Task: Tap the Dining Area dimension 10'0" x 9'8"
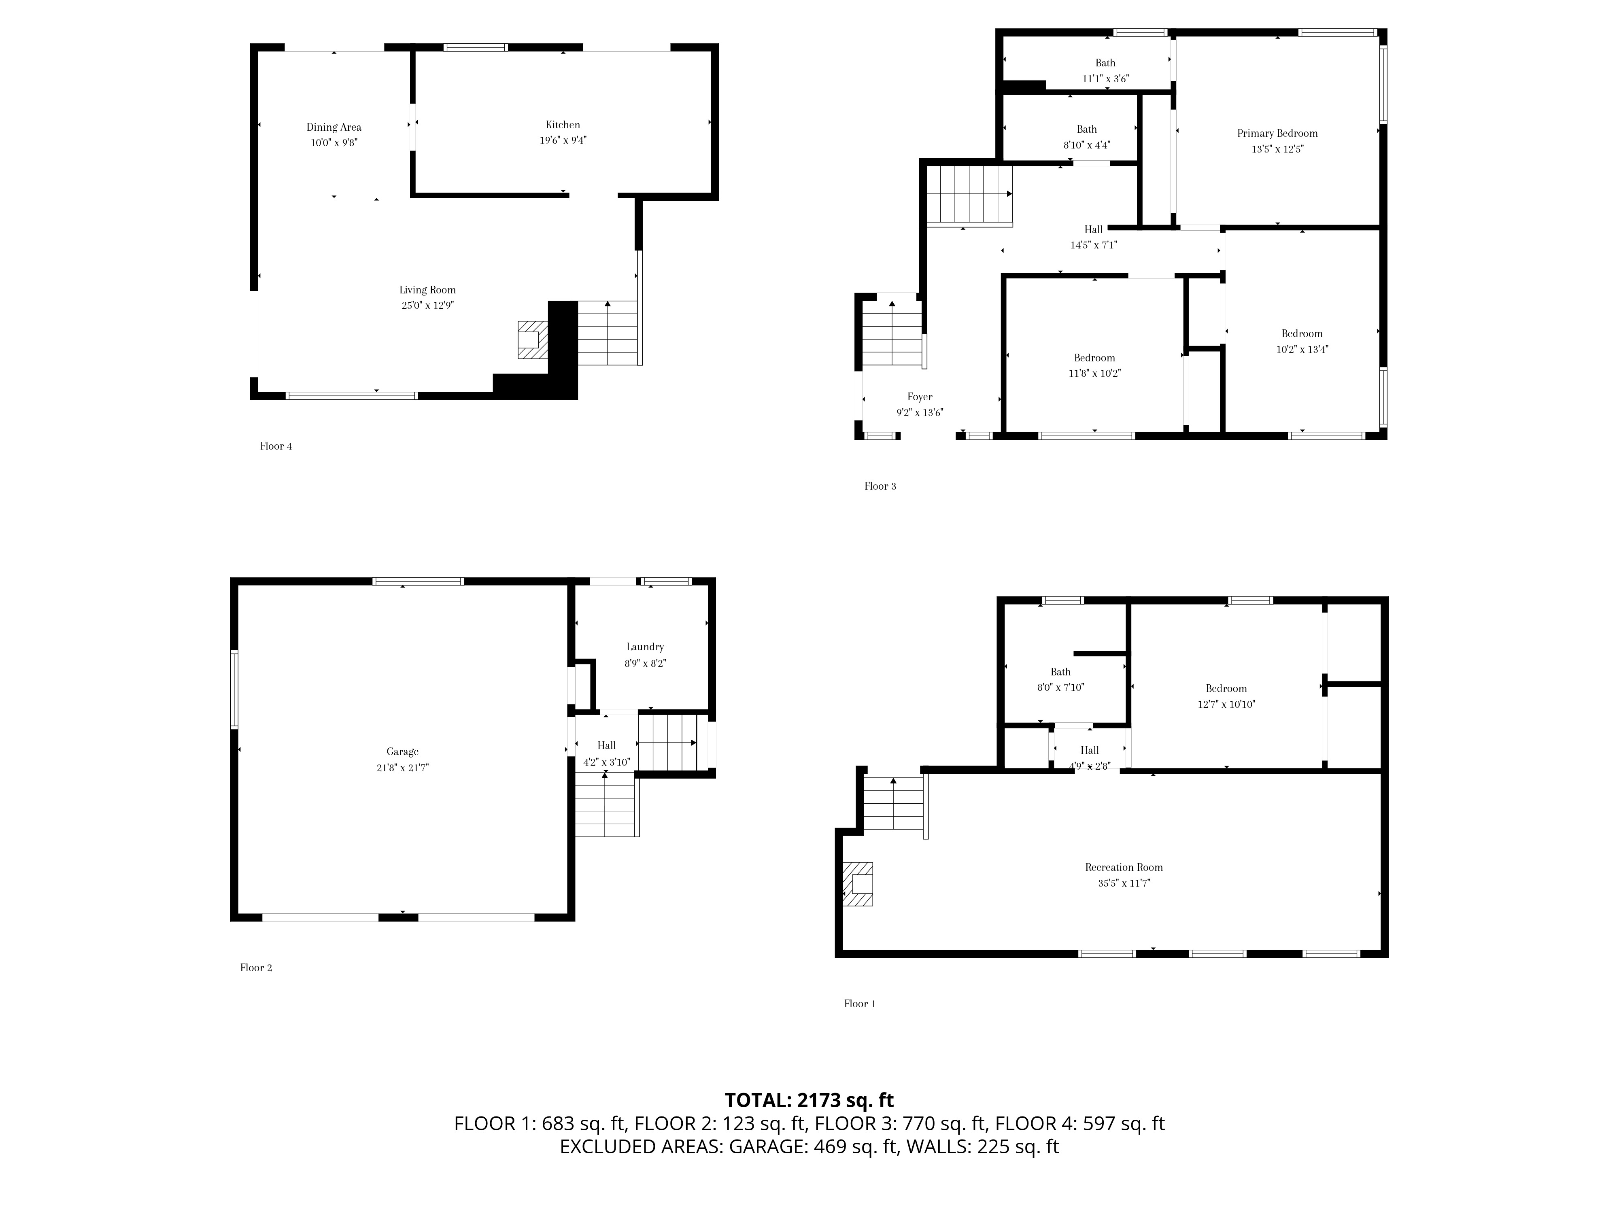pyautogui.click(x=334, y=143)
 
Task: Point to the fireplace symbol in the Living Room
pyautogui.click(x=533, y=340)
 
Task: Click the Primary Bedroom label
pyautogui.click(x=1277, y=133)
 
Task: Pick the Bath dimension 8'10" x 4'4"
pyautogui.click(x=1086, y=145)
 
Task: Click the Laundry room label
pyautogui.click(x=645, y=647)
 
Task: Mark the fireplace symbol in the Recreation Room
pyautogui.click(x=858, y=884)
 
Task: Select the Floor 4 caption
pyautogui.click(x=276, y=446)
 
